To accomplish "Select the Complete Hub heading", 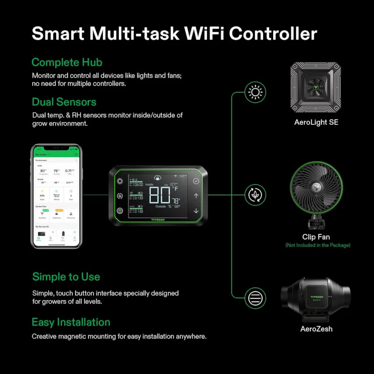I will [x=67, y=62].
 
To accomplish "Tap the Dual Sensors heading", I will [x=64, y=102].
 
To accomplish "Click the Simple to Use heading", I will [x=66, y=277].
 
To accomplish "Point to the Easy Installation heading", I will [x=71, y=322].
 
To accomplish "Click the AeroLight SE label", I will [x=316, y=122].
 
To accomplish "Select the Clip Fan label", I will [x=316, y=237].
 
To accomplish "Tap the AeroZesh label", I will [x=316, y=329].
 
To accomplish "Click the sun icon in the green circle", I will [x=255, y=93].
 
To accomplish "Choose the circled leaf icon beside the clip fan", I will [x=255, y=194].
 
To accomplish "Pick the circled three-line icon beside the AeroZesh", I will [x=255, y=297].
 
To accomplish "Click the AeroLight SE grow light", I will [x=316, y=87].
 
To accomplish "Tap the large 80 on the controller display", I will [x=160, y=195].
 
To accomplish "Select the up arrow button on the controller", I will [x=196, y=196].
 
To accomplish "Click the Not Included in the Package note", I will [x=317, y=245].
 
